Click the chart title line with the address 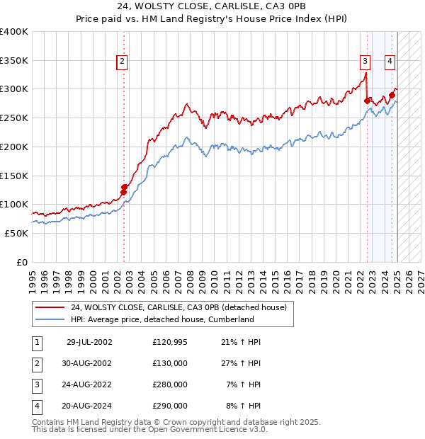click(x=212, y=8)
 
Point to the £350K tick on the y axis click(x=14, y=61)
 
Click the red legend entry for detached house click(x=178, y=307)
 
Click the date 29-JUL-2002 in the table click(x=89, y=342)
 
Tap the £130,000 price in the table click(x=170, y=363)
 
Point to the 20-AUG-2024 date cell click(x=89, y=406)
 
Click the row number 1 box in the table click(x=36, y=342)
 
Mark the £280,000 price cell click(x=170, y=384)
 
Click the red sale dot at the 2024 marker click(x=392, y=96)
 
